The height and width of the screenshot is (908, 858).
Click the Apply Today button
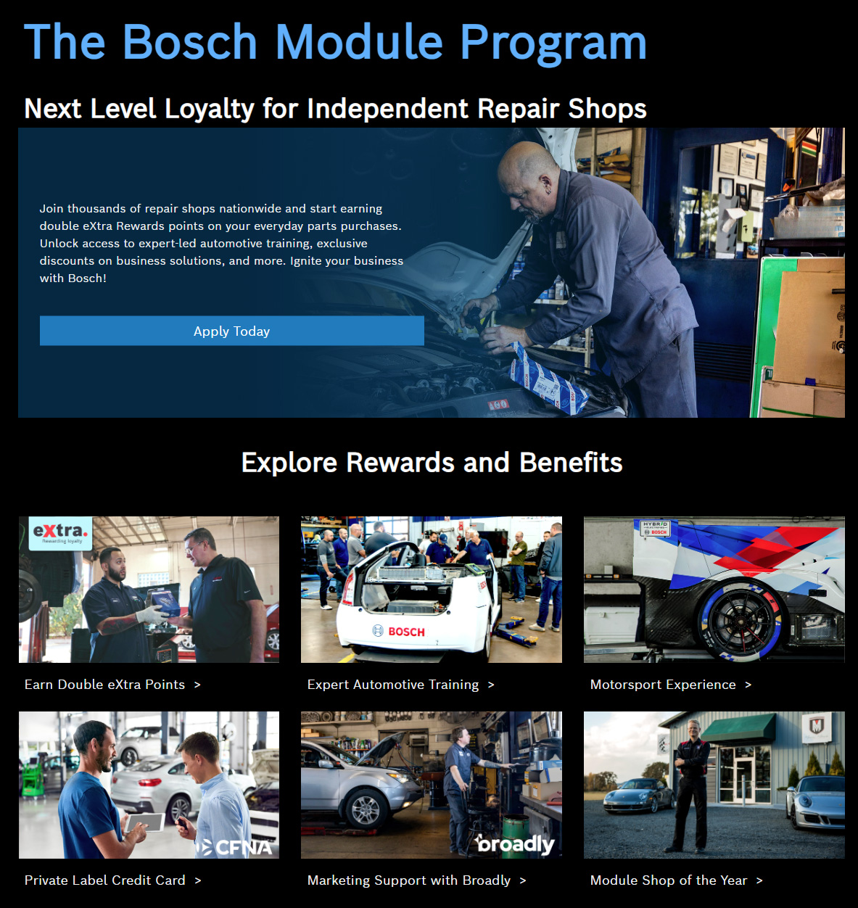[x=232, y=331]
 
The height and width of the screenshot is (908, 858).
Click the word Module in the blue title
[x=359, y=42]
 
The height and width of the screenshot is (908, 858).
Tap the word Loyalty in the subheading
[x=209, y=110]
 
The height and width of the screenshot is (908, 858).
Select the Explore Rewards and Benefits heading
[x=432, y=462]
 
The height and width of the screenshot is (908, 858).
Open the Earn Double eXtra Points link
[x=112, y=685]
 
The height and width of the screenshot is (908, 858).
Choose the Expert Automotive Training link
[x=400, y=685]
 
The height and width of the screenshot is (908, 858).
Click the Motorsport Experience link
[x=670, y=685]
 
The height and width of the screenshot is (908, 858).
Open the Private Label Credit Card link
[x=112, y=880]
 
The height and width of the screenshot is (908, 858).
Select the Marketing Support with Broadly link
[x=416, y=880]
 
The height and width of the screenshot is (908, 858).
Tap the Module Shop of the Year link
[x=676, y=880]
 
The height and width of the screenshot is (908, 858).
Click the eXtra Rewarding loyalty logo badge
[x=60, y=533]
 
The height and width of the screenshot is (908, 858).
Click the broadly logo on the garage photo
[x=514, y=844]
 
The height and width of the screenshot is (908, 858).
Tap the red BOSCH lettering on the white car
[x=407, y=632]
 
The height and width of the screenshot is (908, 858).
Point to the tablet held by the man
[x=145, y=822]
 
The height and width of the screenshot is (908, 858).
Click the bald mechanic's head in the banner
[x=527, y=180]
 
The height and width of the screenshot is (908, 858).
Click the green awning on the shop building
[x=738, y=727]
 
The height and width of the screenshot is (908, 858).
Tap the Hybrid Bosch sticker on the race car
[x=655, y=528]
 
